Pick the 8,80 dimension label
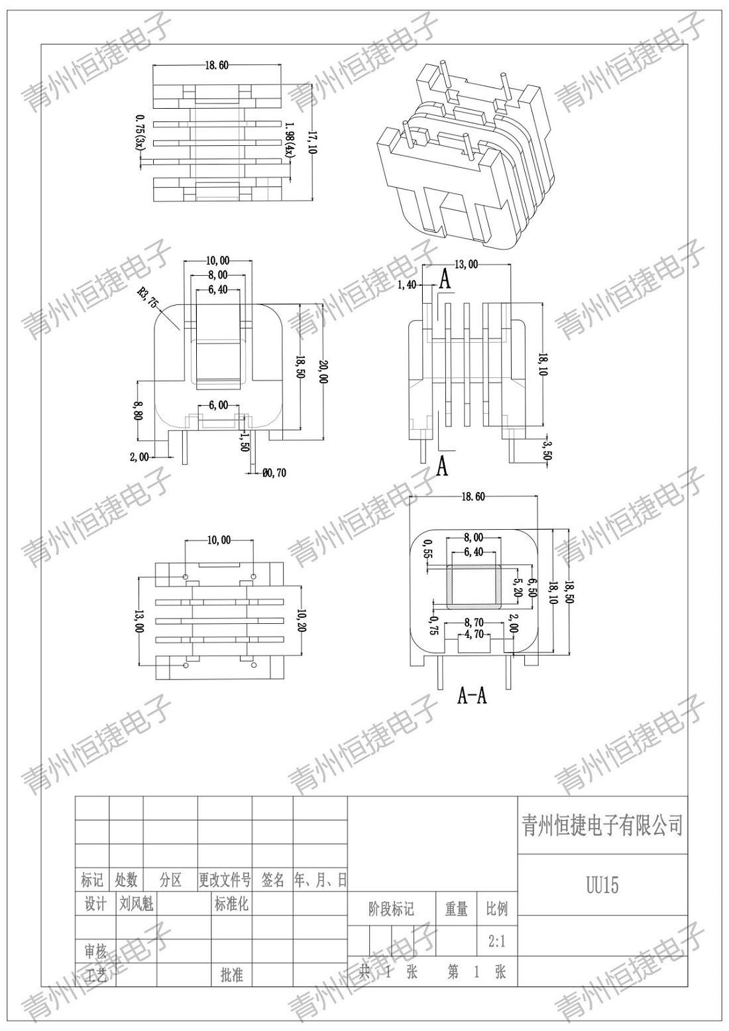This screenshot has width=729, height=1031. (x=139, y=410)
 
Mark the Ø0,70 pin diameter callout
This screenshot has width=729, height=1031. (x=274, y=473)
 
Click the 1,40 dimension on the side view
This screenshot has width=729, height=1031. (x=407, y=285)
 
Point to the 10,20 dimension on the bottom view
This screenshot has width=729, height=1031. (x=302, y=621)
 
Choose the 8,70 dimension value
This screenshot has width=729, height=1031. (x=474, y=623)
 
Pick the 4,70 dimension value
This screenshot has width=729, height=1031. (x=474, y=635)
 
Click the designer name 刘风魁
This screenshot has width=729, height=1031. (x=136, y=904)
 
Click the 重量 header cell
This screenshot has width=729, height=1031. (x=456, y=908)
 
